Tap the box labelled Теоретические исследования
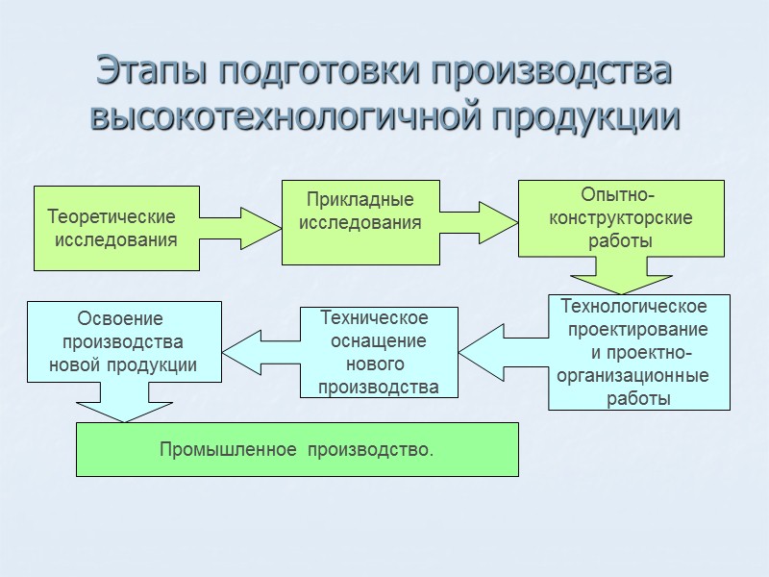tap(116, 228)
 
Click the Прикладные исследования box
tap(360, 221)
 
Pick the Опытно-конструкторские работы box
tap(621, 218)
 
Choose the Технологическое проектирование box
tap(639, 352)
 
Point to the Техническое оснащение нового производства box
tap(379, 352)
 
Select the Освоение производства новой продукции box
tap(123, 341)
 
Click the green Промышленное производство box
tap(297, 449)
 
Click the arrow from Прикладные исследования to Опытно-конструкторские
tap(481, 222)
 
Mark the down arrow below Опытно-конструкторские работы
tap(620, 276)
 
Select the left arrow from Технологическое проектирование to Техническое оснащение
tap(502, 352)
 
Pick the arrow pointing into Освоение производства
tap(260, 352)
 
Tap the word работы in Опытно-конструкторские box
tap(621, 240)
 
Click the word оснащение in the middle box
tap(379, 341)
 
